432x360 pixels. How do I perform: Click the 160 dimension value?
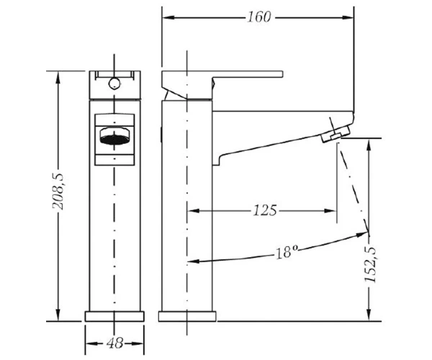259,17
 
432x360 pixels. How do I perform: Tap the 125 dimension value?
264,211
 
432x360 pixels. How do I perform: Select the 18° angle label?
287,251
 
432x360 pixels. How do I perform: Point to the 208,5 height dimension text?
58,192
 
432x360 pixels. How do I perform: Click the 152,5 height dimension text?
371,264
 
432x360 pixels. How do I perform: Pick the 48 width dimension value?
114,343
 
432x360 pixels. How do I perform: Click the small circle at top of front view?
114,84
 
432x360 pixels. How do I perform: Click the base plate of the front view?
114,317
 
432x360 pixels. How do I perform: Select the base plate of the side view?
187,317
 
